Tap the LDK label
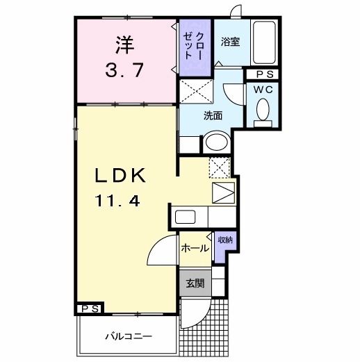[x=122, y=176]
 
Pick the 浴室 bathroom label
[x=230, y=42]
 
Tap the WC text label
[x=263, y=90]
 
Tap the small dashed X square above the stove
[x=219, y=167]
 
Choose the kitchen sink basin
[x=190, y=216]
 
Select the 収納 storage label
[x=224, y=240]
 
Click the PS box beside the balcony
[x=90, y=308]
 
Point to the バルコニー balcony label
[x=129, y=336]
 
